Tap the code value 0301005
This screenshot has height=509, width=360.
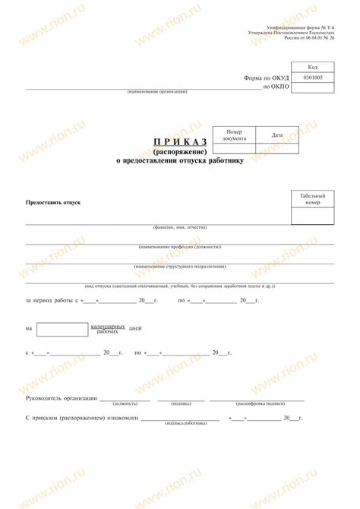point(312,77)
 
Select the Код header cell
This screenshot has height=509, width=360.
point(312,68)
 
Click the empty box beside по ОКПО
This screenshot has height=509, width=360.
point(312,87)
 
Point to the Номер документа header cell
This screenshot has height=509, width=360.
point(234,134)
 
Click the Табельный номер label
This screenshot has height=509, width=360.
point(312,199)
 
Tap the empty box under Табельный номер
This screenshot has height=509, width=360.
point(312,216)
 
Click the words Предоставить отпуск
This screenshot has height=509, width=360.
point(53,203)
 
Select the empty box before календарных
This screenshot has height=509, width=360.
point(62,329)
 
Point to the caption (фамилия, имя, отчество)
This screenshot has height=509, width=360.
point(179,227)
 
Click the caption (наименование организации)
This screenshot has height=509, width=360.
point(157,92)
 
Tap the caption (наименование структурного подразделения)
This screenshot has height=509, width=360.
point(180,266)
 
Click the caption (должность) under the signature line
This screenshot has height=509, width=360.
point(125,403)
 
